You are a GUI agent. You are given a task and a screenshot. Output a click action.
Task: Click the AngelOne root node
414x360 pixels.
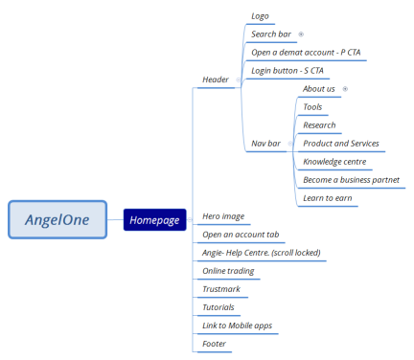pos(57,219)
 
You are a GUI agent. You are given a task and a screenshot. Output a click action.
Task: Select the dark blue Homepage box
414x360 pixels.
pos(153,220)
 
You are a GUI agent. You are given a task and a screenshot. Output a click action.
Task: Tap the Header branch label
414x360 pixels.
pos(217,79)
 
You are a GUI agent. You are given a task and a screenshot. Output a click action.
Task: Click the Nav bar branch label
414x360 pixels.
pos(265,144)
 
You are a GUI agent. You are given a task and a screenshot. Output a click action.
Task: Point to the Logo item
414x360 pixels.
pos(260,16)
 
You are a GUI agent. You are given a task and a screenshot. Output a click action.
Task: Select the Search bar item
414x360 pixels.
pos(271,34)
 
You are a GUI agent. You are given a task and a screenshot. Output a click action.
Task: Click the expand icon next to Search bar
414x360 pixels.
pos(301,34)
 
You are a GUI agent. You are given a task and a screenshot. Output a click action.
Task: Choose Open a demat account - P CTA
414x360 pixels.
pos(306,53)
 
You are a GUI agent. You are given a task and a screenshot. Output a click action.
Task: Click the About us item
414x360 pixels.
pos(319,89)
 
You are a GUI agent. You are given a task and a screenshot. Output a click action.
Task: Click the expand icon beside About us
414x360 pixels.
pos(344,89)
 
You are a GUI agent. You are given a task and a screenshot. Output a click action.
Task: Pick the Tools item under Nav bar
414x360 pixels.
pos(312,107)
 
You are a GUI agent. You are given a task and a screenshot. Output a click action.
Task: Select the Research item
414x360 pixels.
pos(319,125)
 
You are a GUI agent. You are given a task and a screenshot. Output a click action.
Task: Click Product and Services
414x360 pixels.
pos(340,144)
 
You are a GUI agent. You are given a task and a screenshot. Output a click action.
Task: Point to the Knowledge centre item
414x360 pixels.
pos(333,162)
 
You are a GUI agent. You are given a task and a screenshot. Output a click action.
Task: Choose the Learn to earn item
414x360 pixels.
pos(326,198)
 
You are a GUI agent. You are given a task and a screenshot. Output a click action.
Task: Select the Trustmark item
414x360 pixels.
pos(220,289)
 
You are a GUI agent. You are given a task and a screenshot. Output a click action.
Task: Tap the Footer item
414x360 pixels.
pos(215,344)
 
